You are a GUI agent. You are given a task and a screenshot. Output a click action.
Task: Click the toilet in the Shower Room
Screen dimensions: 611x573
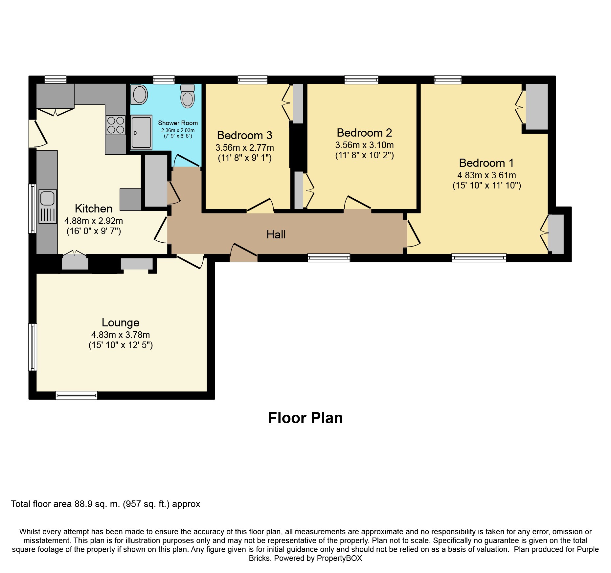click(188, 96)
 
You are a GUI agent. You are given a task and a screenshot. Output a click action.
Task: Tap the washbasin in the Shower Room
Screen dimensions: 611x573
click(139, 95)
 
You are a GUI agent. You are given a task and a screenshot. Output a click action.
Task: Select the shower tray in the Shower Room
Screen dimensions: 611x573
click(142, 132)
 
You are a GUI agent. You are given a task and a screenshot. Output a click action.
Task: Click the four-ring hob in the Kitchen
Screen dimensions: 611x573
click(116, 125)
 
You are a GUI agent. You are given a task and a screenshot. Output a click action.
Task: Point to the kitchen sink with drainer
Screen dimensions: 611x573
click(48, 207)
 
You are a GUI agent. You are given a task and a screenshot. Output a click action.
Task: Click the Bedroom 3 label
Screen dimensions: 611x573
click(245, 135)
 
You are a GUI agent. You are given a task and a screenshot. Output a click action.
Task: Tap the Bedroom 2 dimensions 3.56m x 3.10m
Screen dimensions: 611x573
click(364, 145)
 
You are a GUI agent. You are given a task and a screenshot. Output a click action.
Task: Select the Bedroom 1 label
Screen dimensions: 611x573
click(486, 163)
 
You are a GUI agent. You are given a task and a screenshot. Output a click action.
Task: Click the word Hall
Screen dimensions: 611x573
click(276, 234)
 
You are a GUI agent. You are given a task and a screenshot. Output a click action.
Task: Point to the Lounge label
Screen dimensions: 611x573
click(121, 322)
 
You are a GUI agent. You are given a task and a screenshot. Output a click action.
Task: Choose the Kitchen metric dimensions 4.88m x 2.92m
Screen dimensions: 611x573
click(94, 221)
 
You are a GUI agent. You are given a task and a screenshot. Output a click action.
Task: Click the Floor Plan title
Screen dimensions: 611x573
click(305, 418)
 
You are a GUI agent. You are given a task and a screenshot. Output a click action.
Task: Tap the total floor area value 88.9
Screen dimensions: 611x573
click(83, 504)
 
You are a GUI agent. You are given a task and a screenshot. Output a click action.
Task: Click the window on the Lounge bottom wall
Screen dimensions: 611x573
click(77, 395)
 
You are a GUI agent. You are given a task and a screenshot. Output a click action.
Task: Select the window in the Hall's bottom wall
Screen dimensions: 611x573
click(329, 258)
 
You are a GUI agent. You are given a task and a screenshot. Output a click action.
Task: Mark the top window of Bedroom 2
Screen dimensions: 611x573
click(361, 80)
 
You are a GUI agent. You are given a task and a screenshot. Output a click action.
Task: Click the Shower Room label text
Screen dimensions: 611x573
click(178, 123)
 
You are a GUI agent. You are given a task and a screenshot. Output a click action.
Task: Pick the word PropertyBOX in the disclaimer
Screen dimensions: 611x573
click(339, 558)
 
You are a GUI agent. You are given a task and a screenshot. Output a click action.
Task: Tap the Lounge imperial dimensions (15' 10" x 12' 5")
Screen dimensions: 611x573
click(121, 345)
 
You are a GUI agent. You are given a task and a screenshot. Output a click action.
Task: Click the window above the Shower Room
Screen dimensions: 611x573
click(164, 80)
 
